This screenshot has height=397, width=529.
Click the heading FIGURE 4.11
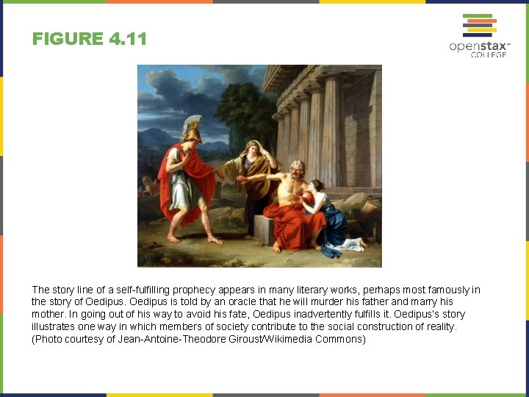90,39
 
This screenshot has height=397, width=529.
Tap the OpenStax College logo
478,36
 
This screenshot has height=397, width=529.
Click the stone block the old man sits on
264,229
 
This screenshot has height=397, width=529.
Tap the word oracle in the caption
180,302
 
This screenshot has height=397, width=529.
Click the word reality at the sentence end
440,326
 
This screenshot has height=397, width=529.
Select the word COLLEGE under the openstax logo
489,54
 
